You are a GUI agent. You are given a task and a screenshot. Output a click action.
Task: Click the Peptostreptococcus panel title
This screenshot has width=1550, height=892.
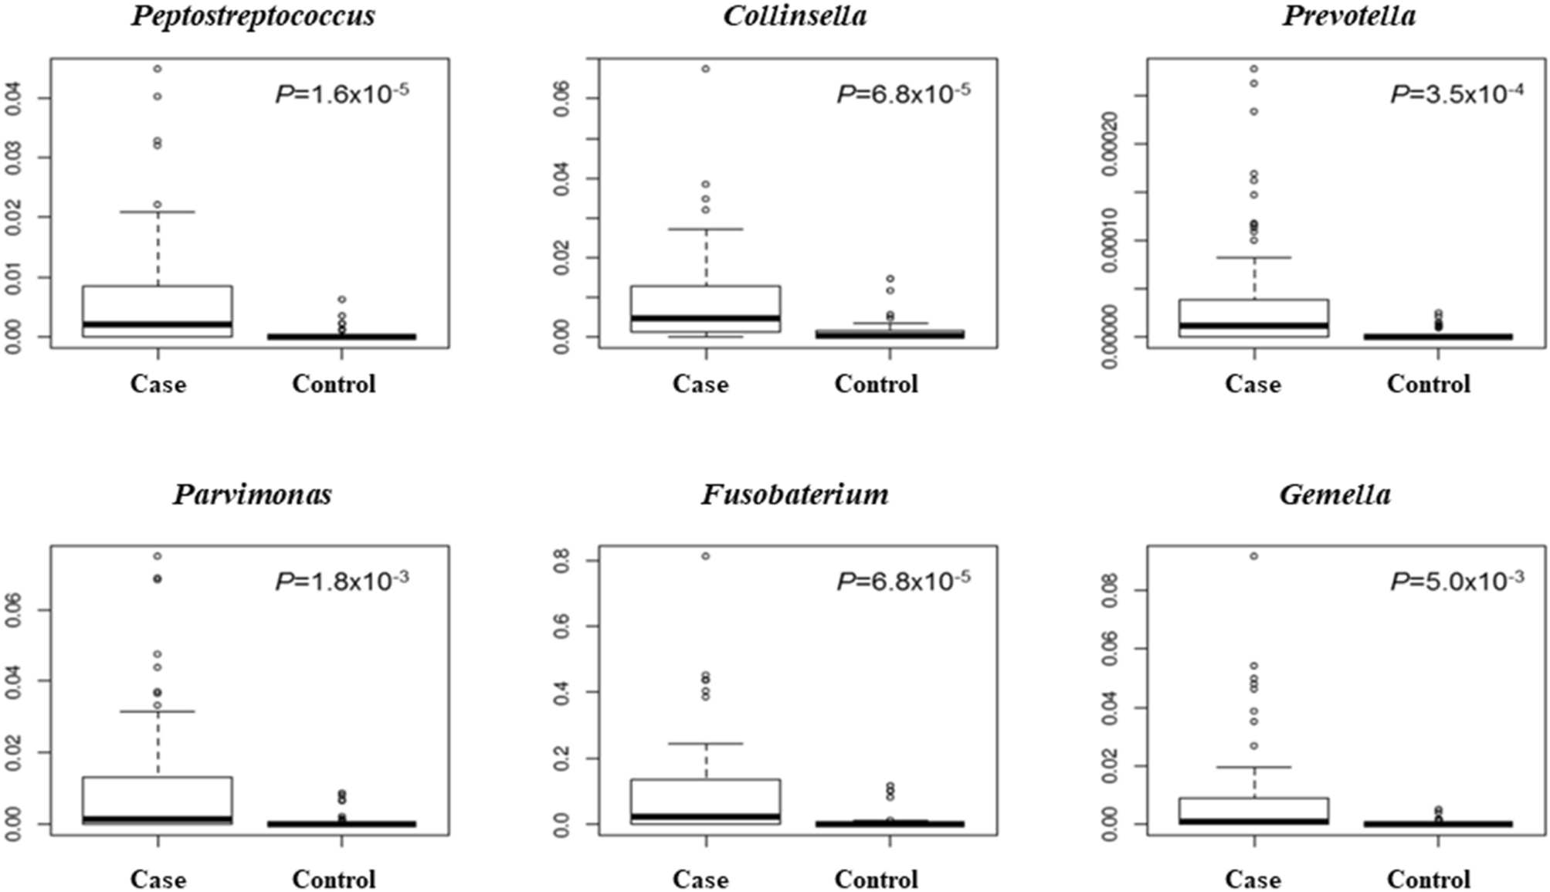[253, 16]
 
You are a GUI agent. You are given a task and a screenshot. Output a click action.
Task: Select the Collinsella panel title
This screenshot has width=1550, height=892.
[795, 16]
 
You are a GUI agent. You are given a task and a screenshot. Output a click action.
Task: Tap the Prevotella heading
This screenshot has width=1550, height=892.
[1349, 16]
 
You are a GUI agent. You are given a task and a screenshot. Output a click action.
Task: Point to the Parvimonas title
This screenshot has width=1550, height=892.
[253, 494]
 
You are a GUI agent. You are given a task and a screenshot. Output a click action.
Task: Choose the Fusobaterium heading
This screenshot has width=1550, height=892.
[795, 494]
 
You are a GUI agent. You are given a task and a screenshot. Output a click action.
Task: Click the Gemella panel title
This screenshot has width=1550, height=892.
[1335, 494]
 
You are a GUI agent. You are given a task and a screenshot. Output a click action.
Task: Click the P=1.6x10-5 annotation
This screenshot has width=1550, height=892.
[342, 94]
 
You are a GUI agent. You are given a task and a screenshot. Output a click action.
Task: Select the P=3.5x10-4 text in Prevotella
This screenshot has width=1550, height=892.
[1457, 94]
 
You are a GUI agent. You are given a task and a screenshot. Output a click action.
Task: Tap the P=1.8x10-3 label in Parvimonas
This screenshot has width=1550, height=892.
[342, 581]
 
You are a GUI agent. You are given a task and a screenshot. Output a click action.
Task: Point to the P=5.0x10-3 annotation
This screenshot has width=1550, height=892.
[1457, 581]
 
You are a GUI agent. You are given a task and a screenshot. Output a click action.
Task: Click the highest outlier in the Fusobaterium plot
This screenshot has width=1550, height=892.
[706, 556]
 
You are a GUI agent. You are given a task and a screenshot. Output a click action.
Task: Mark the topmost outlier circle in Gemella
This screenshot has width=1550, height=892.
[1254, 556]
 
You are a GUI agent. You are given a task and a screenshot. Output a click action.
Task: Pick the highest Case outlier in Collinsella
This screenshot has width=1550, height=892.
[706, 69]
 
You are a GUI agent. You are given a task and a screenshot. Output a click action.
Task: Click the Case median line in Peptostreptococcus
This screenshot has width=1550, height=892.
[158, 324]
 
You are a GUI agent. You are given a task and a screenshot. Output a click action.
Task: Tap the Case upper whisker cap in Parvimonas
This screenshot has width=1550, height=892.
[158, 711]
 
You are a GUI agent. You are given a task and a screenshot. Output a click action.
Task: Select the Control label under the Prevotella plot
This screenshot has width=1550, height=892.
[1428, 384]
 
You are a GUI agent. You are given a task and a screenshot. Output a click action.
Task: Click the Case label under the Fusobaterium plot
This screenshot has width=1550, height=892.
[700, 879]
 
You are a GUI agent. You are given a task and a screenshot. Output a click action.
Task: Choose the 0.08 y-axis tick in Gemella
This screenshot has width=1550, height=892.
[1111, 591]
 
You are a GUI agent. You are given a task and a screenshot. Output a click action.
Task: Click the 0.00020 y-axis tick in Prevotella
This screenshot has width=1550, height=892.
[1109, 144]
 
